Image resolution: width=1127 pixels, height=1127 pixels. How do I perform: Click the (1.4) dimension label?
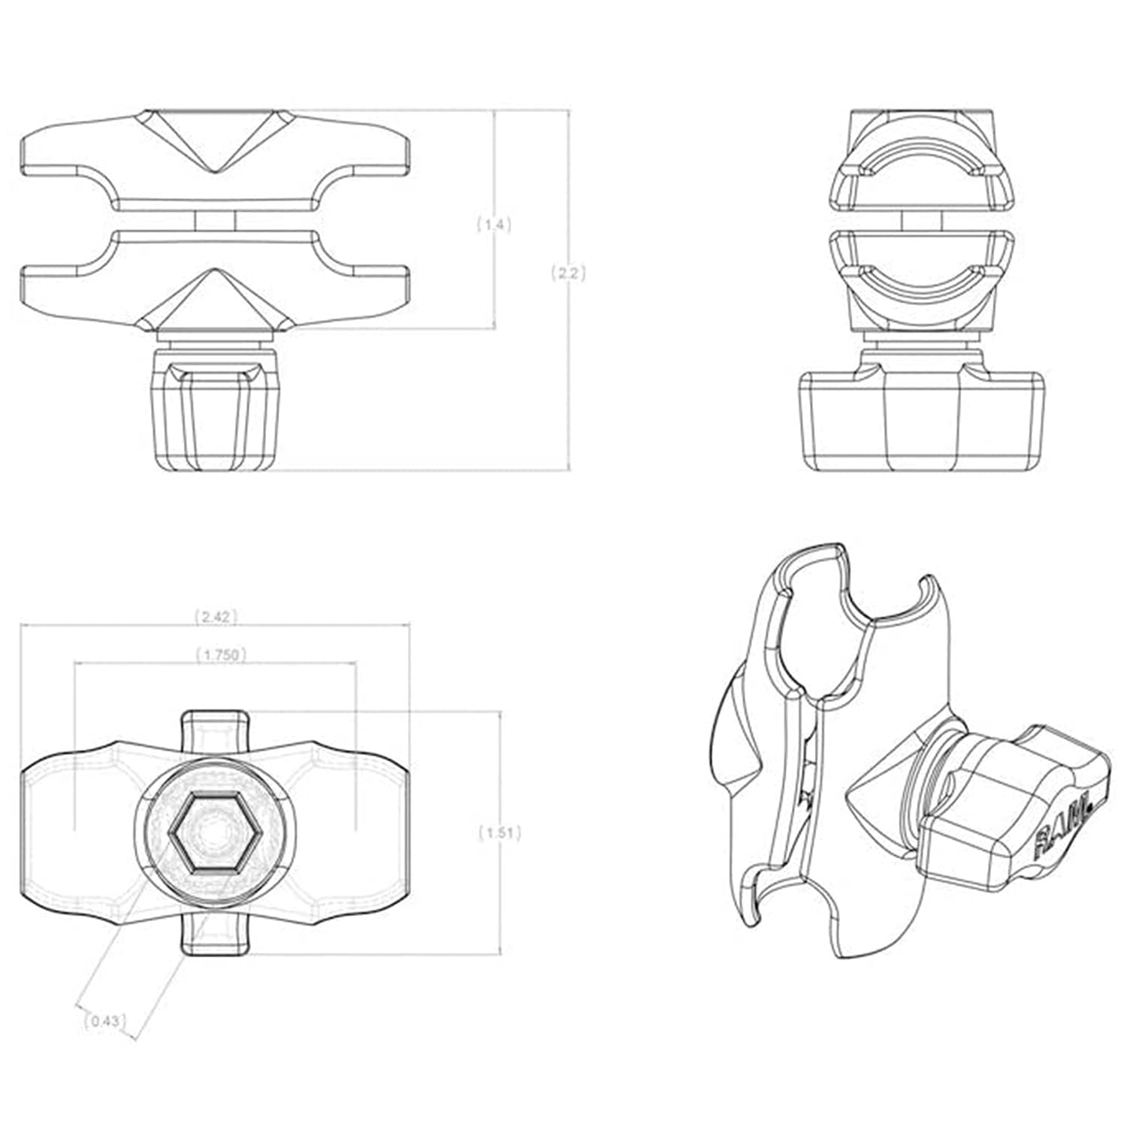(x=494, y=224)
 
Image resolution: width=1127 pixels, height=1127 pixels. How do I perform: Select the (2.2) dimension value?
(x=568, y=273)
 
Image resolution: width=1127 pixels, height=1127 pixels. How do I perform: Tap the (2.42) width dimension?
(x=216, y=617)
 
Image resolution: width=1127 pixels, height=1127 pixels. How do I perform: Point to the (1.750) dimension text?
(x=221, y=654)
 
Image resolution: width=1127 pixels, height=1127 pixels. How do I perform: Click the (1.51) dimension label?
(x=500, y=832)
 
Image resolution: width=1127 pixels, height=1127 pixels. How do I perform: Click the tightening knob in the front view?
(x=213, y=410)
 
